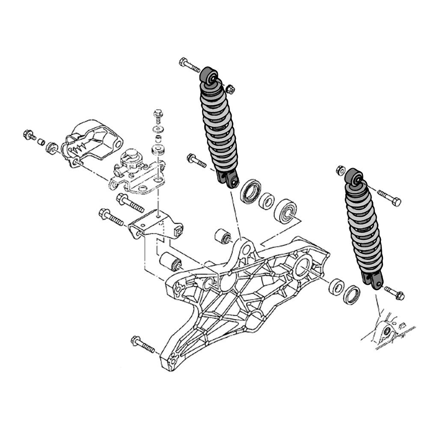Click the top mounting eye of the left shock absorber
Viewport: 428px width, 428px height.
209,77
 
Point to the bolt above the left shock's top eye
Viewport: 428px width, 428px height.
190,65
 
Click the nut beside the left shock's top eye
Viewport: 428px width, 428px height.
230,89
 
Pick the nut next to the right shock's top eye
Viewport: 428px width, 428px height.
341,170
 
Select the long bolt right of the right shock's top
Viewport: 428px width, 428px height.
389,197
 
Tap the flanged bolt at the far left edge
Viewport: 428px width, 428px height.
30,135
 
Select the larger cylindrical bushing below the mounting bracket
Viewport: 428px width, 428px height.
171,261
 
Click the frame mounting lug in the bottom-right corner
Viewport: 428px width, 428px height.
387,332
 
